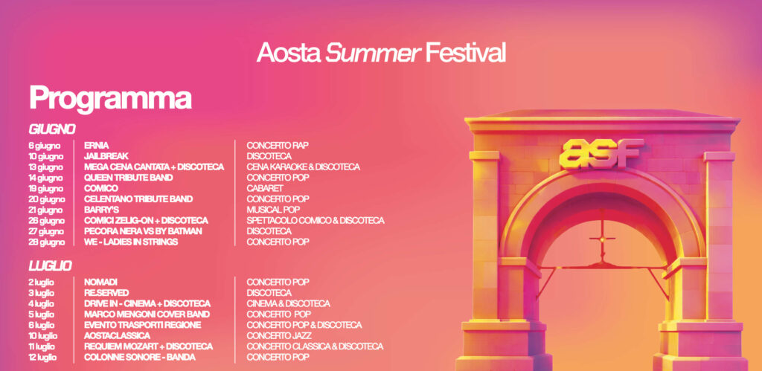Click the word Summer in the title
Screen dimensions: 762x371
click(x=373, y=53)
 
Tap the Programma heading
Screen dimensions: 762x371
click(x=110, y=100)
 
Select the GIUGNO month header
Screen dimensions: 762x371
click(x=52, y=129)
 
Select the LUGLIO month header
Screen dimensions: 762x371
click(x=50, y=266)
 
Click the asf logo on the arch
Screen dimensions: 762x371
click(x=601, y=153)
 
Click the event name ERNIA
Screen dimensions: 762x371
click(x=96, y=145)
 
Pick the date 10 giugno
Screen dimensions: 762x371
click(x=45, y=156)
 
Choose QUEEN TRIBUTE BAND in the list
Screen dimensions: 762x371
click(x=128, y=178)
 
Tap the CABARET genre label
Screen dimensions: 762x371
click(x=265, y=188)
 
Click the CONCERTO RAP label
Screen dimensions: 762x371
click(x=278, y=145)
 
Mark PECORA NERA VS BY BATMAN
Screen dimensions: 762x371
click(x=143, y=231)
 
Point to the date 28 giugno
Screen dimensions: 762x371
click(x=46, y=242)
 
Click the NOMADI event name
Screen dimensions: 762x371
click(x=100, y=282)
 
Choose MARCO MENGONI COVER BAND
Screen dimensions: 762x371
click(x=147, y=314)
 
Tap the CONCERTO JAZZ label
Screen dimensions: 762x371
click(x=279, y=336)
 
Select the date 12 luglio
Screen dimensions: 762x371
click(x=42, y=358)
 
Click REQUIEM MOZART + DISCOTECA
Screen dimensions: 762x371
click(x=148, y=346)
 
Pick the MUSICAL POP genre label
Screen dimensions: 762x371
click(x=273, y=210)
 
